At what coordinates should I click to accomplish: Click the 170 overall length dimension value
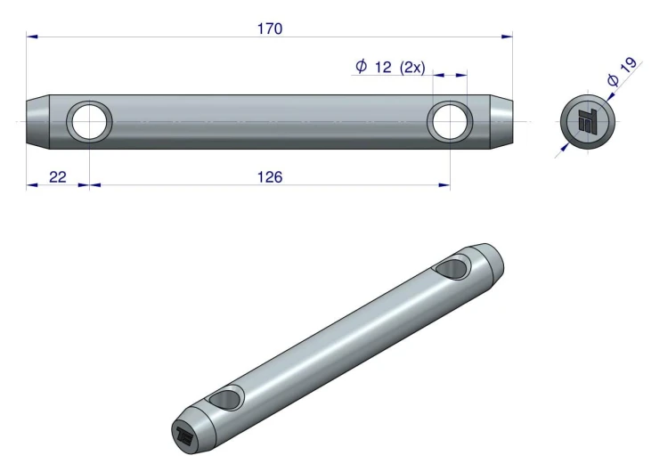click(270, 28)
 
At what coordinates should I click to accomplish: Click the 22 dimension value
click(58, 177)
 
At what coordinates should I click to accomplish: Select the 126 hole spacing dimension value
click(270, 177)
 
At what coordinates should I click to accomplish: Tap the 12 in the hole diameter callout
click(383, 67)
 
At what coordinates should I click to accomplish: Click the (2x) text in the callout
click(412, 68)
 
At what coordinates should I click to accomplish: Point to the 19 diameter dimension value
click(628, 65)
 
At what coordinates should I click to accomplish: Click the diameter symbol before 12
click(361, 66)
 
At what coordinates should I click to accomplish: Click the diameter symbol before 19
click(613, 79)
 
